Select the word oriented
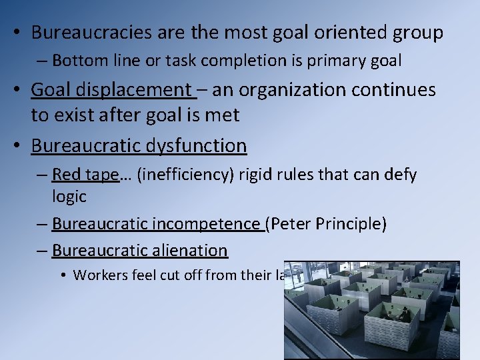point(360,33)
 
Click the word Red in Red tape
point(64,175)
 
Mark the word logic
point(69,197)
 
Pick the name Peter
point(291,224)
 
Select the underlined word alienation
point(189,251)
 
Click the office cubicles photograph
point(371,310)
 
